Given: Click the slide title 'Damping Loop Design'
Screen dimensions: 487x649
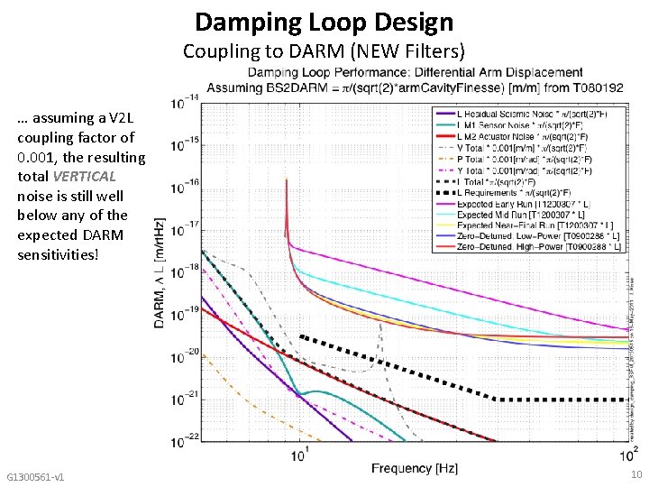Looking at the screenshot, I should pyautogui.click(x=324, y=22).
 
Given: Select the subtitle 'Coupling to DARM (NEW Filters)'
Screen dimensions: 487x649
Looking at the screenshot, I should pyautogui.click(x=324, y=51).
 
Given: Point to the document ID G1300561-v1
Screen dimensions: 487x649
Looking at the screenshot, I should pyautogui.click(x=35, y=475).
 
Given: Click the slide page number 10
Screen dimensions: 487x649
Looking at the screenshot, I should pyautogui.click(x=636, y=474).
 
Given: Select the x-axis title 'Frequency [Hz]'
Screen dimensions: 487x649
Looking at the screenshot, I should pyautogui.click(x=415, y=469).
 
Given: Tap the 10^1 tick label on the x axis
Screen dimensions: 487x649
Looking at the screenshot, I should pyautogui.click(x=302, y=454).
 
